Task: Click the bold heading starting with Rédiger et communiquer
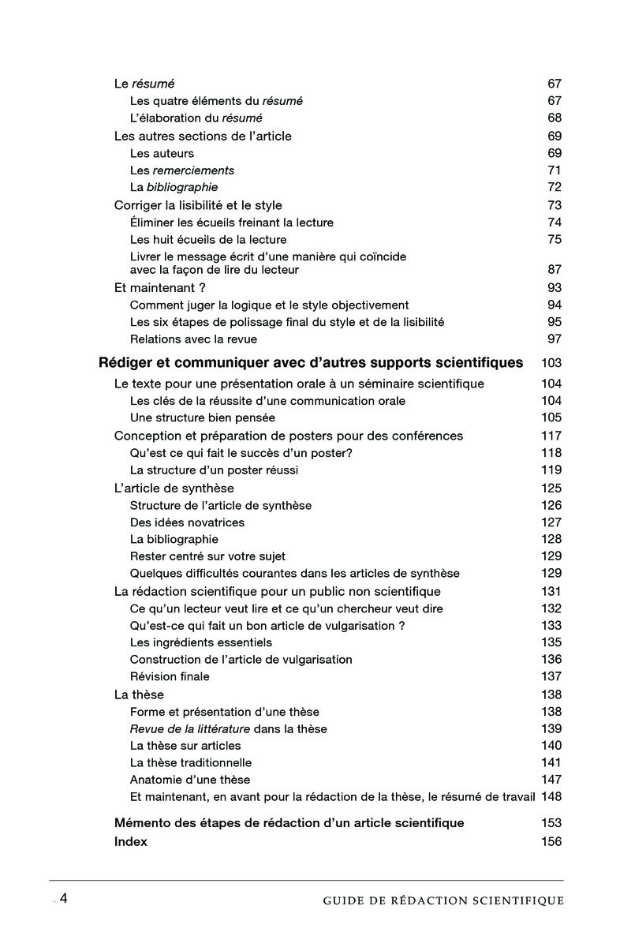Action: point(311,363)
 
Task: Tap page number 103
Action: point(551,363)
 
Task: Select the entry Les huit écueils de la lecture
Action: point(208,240)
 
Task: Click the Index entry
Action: point(131,842)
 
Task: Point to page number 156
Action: point(551,842)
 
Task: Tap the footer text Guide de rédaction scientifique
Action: point(443,900)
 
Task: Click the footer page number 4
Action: point(63,899)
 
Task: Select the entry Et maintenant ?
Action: point(160,288)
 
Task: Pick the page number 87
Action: point(554,270)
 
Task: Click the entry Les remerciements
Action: point(182,170)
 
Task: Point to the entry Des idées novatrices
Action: point(187,522)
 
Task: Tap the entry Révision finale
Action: point(170,677)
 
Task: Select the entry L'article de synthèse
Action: point(174,488)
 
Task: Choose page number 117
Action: point(551,436)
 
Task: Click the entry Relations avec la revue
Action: point(193,339)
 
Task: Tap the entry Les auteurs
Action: point(162,153)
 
